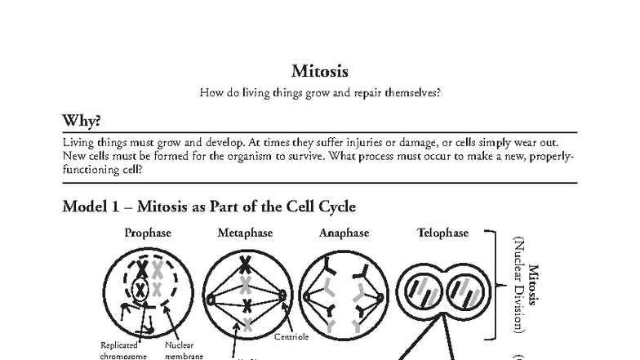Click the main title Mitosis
coord(320,72)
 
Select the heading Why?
coord(82,121)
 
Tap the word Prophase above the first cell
coord(148,233)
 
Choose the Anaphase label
coord(344,233)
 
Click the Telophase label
coord(443,233)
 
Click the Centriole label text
coord(291,336)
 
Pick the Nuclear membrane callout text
coord(181,350)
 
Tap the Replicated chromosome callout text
coord(122,350)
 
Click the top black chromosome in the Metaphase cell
coord(246,264)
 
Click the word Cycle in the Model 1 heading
coord(336,207)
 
